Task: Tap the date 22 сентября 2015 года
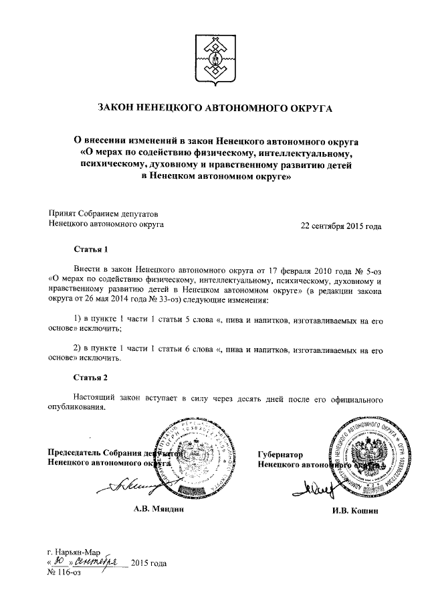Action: (x=341, y=226)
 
